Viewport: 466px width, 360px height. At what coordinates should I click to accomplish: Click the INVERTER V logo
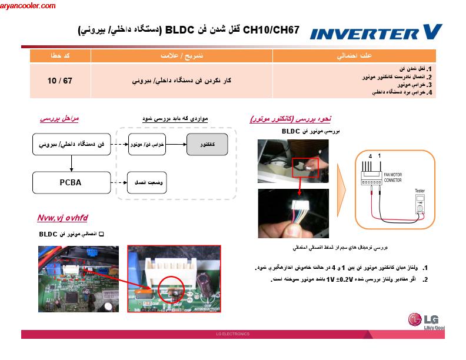click(x=375, y=32)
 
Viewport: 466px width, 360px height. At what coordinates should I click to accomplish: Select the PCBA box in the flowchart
click(x=71, y=182)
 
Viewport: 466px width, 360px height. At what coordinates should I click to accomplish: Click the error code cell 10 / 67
click(x=60, y=80)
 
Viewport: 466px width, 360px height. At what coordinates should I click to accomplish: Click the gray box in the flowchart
click(x=207, y=144)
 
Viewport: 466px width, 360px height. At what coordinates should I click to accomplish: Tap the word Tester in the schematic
click(x=420, y=191)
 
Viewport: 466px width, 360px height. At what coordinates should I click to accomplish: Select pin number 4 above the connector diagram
click(x=370, y=155)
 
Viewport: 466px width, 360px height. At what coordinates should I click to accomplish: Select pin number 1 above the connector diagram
click(x=380, y=155)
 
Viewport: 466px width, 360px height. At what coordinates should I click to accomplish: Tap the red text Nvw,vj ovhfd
click(x=62, y=218)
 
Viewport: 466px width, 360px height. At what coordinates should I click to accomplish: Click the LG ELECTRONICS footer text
click(x=233, y=334)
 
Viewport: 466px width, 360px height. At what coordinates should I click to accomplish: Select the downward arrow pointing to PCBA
click(x=71, y=163)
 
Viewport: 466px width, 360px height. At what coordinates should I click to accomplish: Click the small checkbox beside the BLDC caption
click(x=101, y=234)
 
